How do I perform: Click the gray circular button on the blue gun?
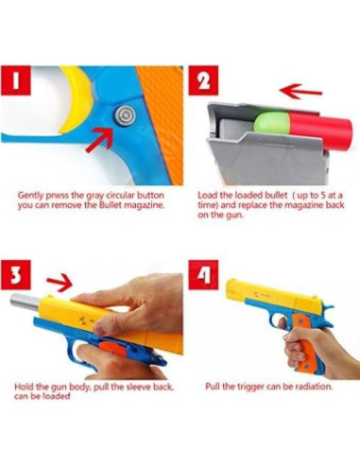point(123,114)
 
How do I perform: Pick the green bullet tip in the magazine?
point(264,121)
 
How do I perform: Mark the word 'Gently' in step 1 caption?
point(32,196)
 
